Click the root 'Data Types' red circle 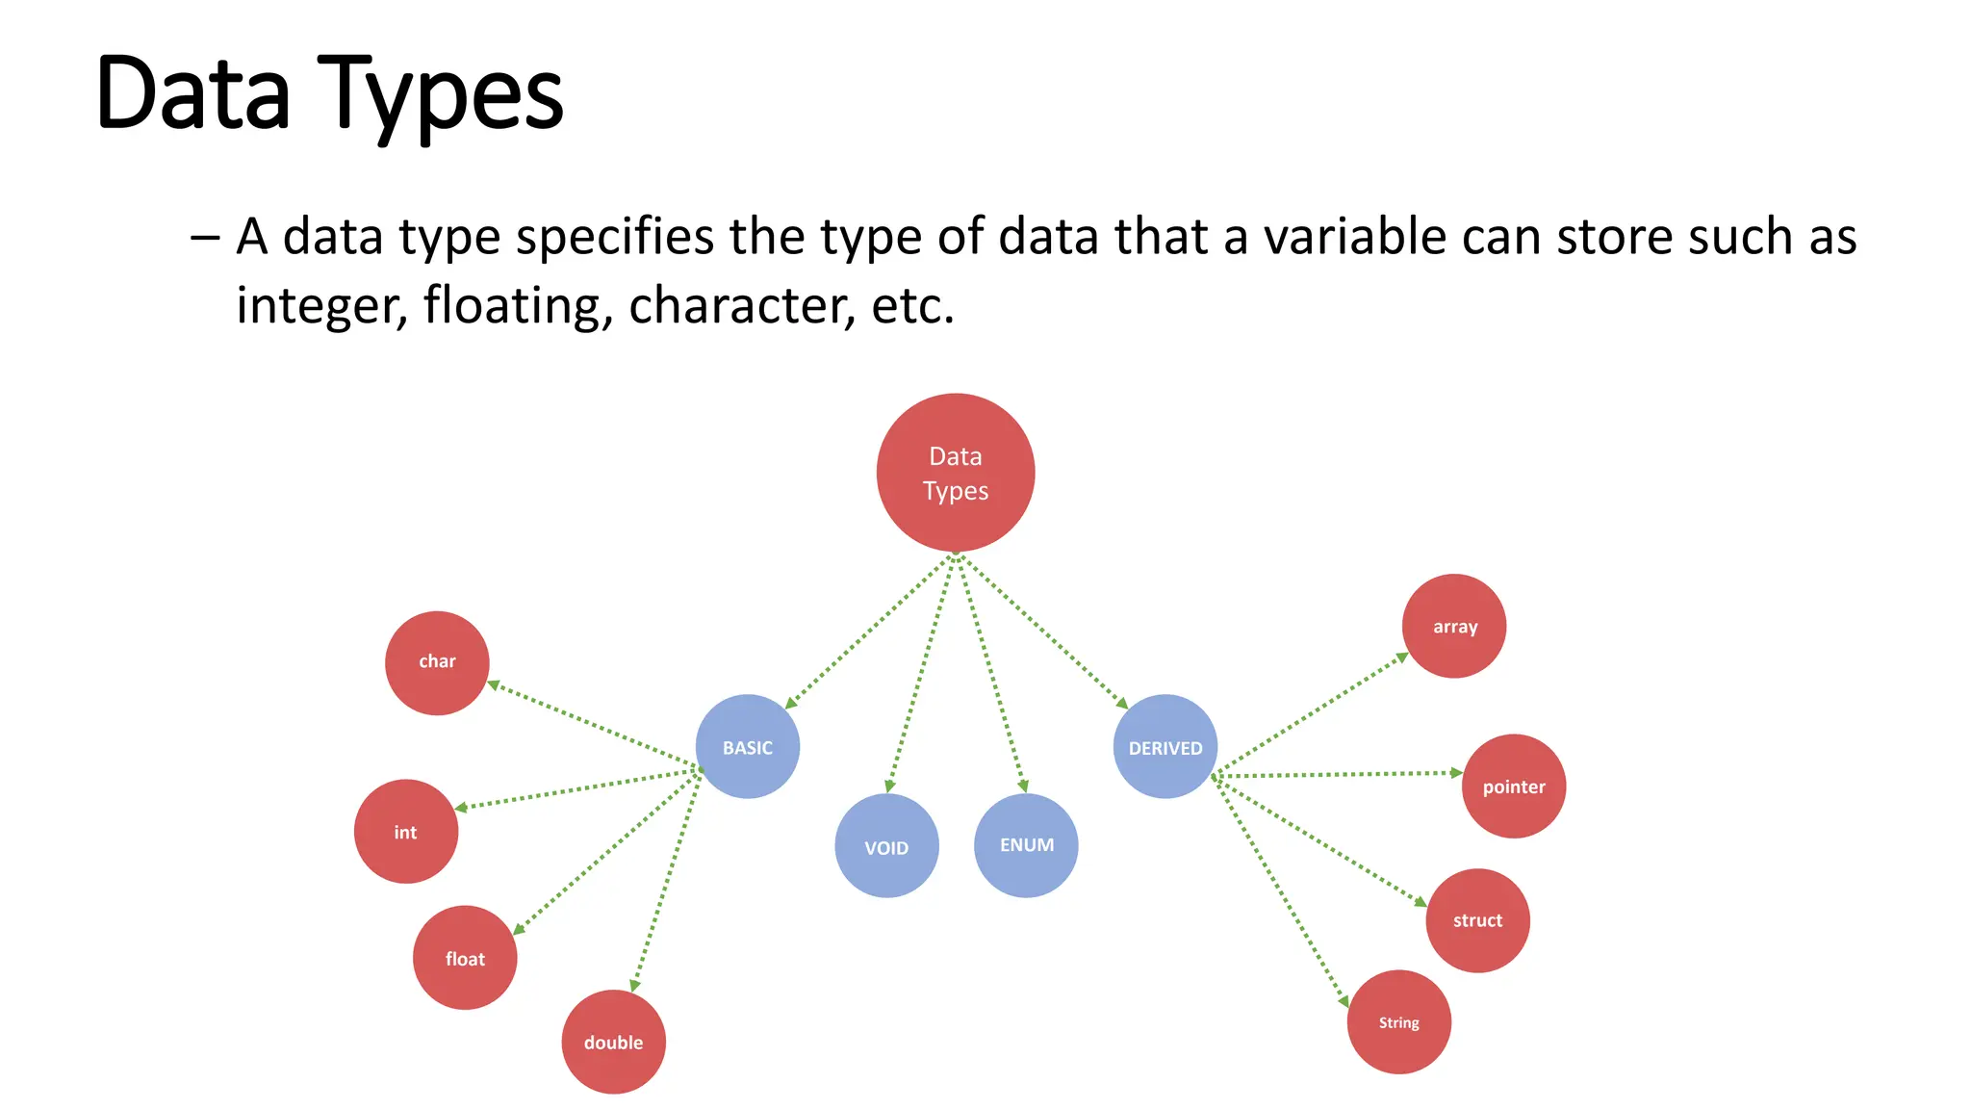tap(956, 473)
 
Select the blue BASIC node tap(748, 747)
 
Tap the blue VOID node tap(886, 846)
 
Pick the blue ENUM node tap(1026, 845)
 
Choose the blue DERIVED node tap(1165, 747)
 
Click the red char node tap(437, 662)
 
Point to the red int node tap(406, 832)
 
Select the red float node tap(465, 958)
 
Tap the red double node tap(613, 1042)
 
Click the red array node tap(1454, 627)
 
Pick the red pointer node tap(1514, 787)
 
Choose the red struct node tap(1477, 920)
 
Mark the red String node tap(1398, 1022)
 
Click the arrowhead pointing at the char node tap(494, 685)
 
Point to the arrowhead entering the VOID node tap(890, 787)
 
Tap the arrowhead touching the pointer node tap(1456, 772)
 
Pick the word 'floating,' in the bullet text tap(518, 306)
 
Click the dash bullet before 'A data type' tap(205, 238)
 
